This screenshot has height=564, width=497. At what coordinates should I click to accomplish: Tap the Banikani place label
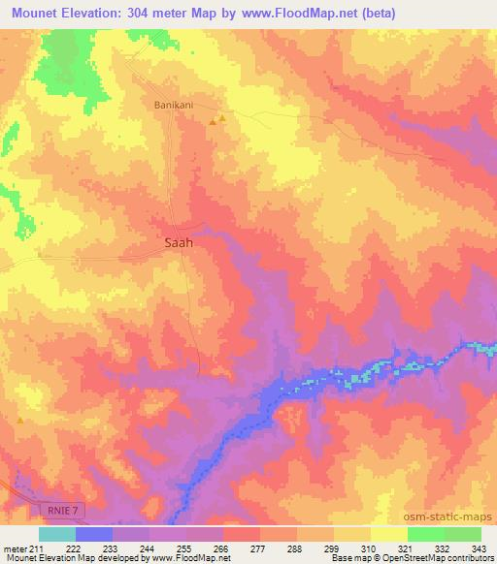(176, 105)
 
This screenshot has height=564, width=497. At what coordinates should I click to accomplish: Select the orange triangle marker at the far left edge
(19, 420)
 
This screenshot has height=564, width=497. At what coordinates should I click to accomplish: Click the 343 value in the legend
(479, 548)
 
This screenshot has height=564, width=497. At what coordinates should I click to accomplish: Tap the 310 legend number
(370, 548)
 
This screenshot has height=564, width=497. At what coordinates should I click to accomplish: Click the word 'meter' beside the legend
(15, 548)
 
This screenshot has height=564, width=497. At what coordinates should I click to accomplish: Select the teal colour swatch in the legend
(57, 534)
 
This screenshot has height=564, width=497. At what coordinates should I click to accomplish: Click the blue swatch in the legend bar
(94, 534)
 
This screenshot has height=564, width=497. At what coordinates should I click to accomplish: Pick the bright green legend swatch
(426, 534)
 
